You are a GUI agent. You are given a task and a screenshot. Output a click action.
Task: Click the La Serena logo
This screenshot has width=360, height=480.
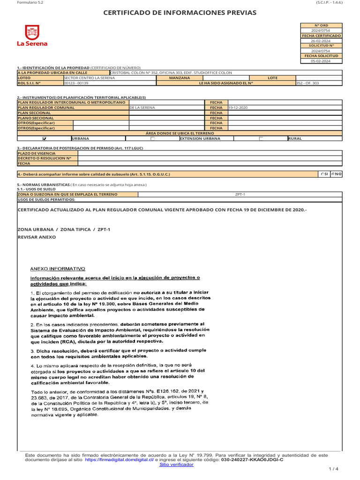pyautogui.click(x=32, y=36)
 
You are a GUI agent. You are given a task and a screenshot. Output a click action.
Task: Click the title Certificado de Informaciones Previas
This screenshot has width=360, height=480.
pyautogui.click(x=180, y=13)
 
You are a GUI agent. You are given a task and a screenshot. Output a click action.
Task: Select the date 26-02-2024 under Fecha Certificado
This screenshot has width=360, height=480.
pyautogui.click(x=321, y=41)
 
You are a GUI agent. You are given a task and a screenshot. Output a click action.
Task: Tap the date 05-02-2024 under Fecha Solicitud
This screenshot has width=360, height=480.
pyautogui.click(x=321, y=61)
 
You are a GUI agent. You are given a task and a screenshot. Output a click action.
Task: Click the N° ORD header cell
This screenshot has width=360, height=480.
pyautogui.click(x=321, y=25)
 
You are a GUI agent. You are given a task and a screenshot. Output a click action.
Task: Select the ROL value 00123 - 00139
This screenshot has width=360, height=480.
pyautogui.click(x=76, y=83)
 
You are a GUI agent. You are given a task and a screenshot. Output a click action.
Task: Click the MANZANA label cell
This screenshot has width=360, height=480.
pyautogui.click(x=180, y=78)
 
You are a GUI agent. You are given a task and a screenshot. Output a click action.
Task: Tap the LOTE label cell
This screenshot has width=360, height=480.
pyautogui.click(x=272, y=78)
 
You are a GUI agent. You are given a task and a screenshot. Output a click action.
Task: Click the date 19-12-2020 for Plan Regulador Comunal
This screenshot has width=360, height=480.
pyautogui.click(x=238, y=107)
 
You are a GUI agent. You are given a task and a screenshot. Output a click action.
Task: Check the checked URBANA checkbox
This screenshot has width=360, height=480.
pyautogui.click(x=45, y=139)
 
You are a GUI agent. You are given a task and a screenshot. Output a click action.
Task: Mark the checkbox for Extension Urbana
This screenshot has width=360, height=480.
pyautogui.click(x=152, y=139)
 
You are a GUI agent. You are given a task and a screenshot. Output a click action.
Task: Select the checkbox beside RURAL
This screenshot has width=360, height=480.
pyautogui.click(x=261, y=139)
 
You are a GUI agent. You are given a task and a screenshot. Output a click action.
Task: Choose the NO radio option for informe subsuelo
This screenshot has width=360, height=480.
pyautogui.click(x=333, y=174)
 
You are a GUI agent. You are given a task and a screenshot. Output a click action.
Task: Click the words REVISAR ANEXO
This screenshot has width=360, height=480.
pyautogui.click(x=37, y=237)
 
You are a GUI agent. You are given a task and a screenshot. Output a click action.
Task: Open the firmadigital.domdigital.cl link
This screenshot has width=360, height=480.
pyautogui.click(x=120, y=460)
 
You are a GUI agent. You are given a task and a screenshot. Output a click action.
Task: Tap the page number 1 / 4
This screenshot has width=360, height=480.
pyautogui.click(x=333, y=469)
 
